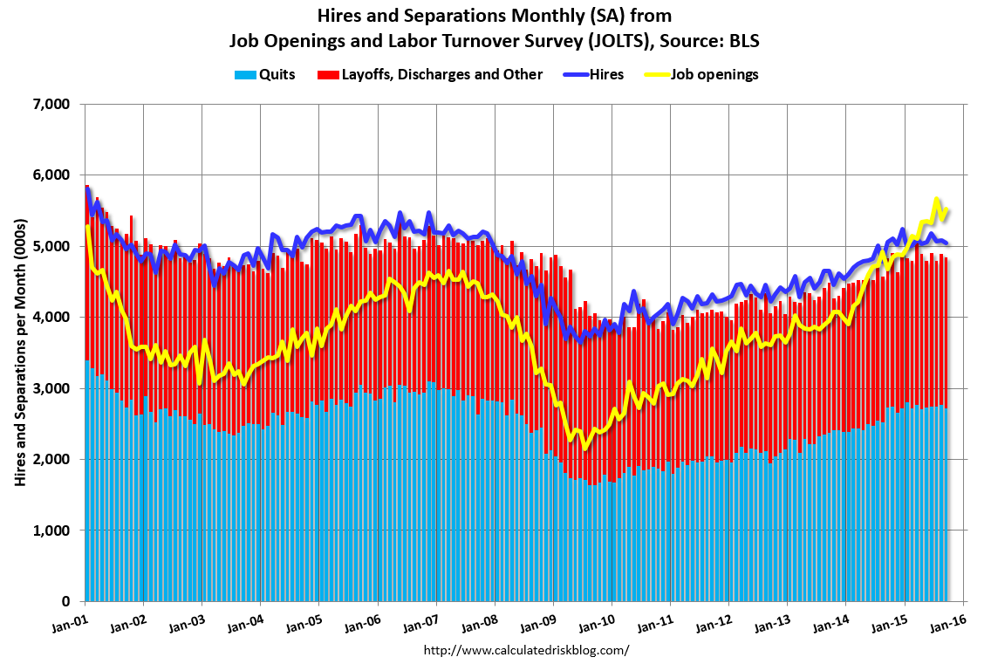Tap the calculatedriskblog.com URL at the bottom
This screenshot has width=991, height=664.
[x=526, y=650]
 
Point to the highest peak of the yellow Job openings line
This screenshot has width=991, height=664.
[x=936, y=199]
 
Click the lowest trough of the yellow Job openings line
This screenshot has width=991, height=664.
[x=584, y=448]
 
